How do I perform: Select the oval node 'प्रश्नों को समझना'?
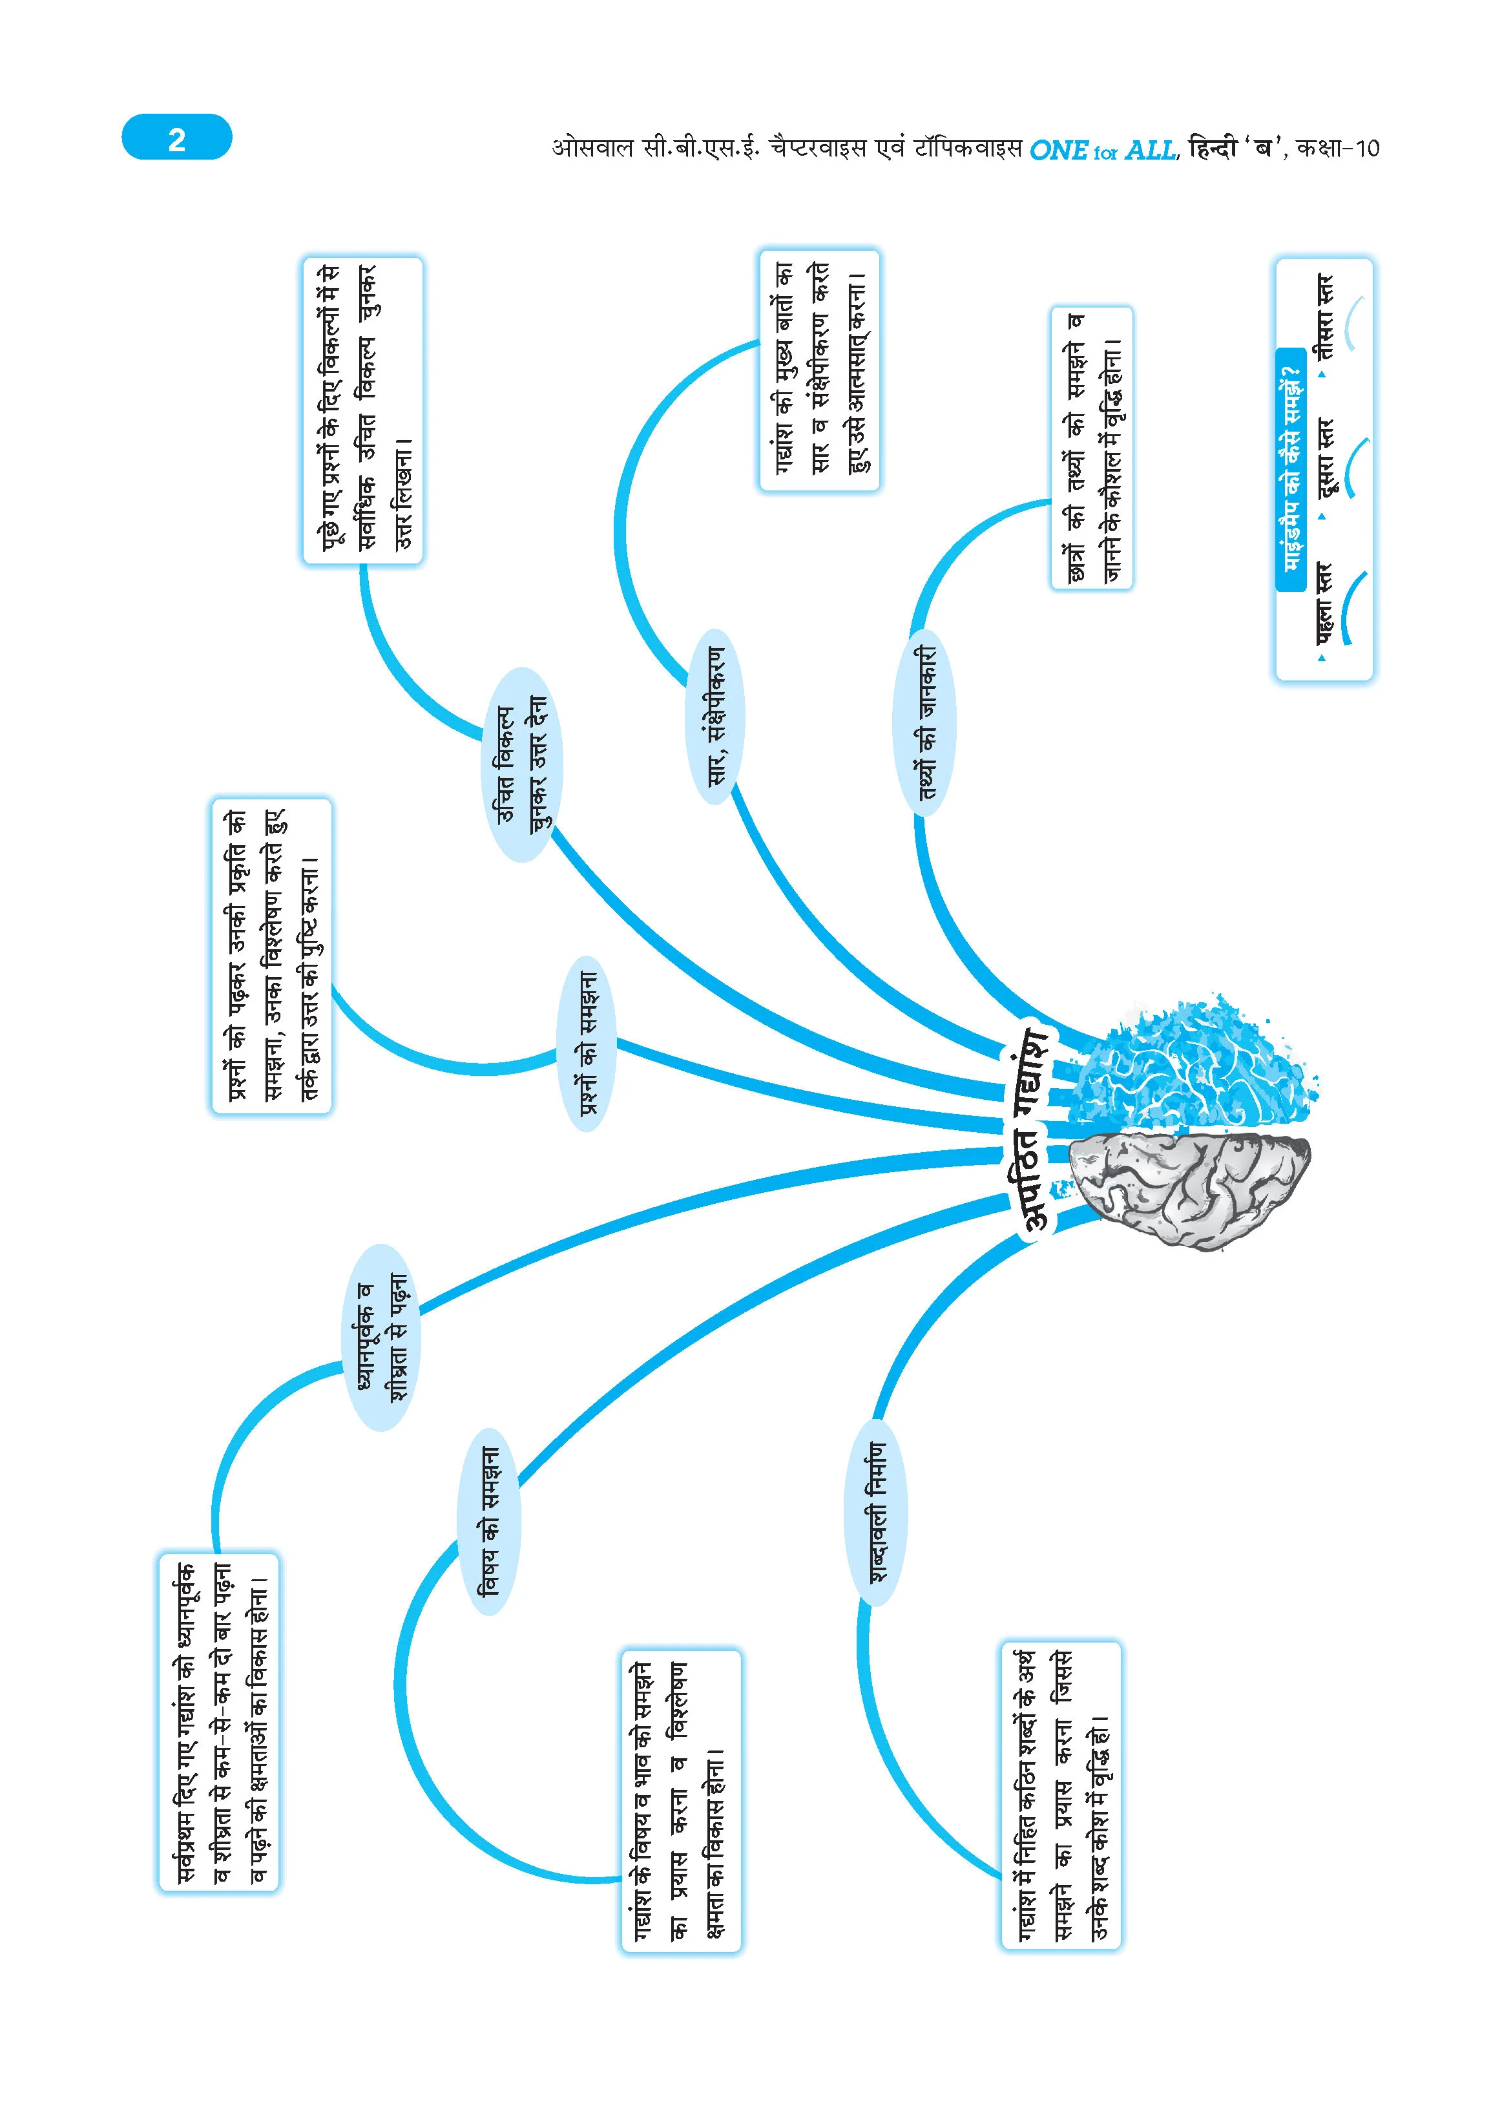coord(587,1043)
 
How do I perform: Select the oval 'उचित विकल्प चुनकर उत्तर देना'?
coord(523,764)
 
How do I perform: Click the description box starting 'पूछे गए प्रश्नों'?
coord(362,411)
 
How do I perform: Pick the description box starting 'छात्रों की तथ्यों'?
coord(1091,448)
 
